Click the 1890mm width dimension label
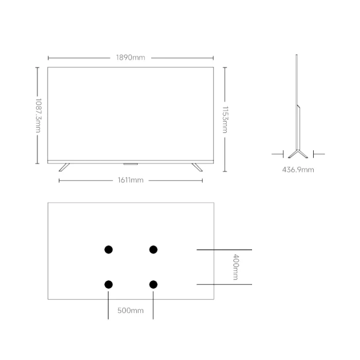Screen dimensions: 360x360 click(131, 58)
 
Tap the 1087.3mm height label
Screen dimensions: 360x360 click(39, 116)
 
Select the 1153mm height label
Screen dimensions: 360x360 click(225, 120)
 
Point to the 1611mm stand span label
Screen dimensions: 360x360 click(131, 180)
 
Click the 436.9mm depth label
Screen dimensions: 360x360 click(298, 170)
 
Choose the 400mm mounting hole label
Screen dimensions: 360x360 click(236, 267)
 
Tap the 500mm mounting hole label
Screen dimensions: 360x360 click(131, 311)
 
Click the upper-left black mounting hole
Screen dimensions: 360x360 click(109, 249)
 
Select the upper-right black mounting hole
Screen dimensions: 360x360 click(153, 249)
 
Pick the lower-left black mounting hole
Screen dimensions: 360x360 click(109, 285)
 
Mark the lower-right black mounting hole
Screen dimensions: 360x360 click(153, 285)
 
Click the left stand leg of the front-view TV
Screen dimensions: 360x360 click(64, 167)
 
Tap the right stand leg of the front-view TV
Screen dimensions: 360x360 click(197, 167)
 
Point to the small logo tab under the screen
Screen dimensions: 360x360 click(131, 164)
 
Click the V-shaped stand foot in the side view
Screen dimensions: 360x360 click(298, 154)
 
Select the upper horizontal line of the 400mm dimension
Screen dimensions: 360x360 click(224, 249)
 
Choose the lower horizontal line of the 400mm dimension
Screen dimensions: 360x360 click(224, 284)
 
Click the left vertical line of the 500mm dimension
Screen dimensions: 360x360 click(108, 305)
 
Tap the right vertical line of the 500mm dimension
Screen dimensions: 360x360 click(153, 305)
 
